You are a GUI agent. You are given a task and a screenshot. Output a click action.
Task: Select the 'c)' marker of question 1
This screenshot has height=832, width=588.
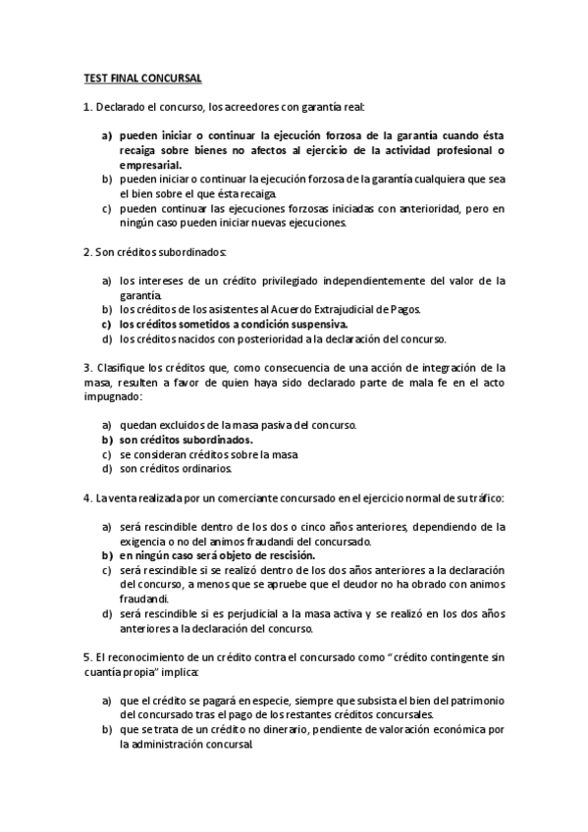(106, 209)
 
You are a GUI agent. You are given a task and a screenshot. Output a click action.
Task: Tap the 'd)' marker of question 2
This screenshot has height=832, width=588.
(106, 338)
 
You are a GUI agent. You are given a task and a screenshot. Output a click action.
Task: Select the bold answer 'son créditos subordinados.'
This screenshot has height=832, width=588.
(187, 440)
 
